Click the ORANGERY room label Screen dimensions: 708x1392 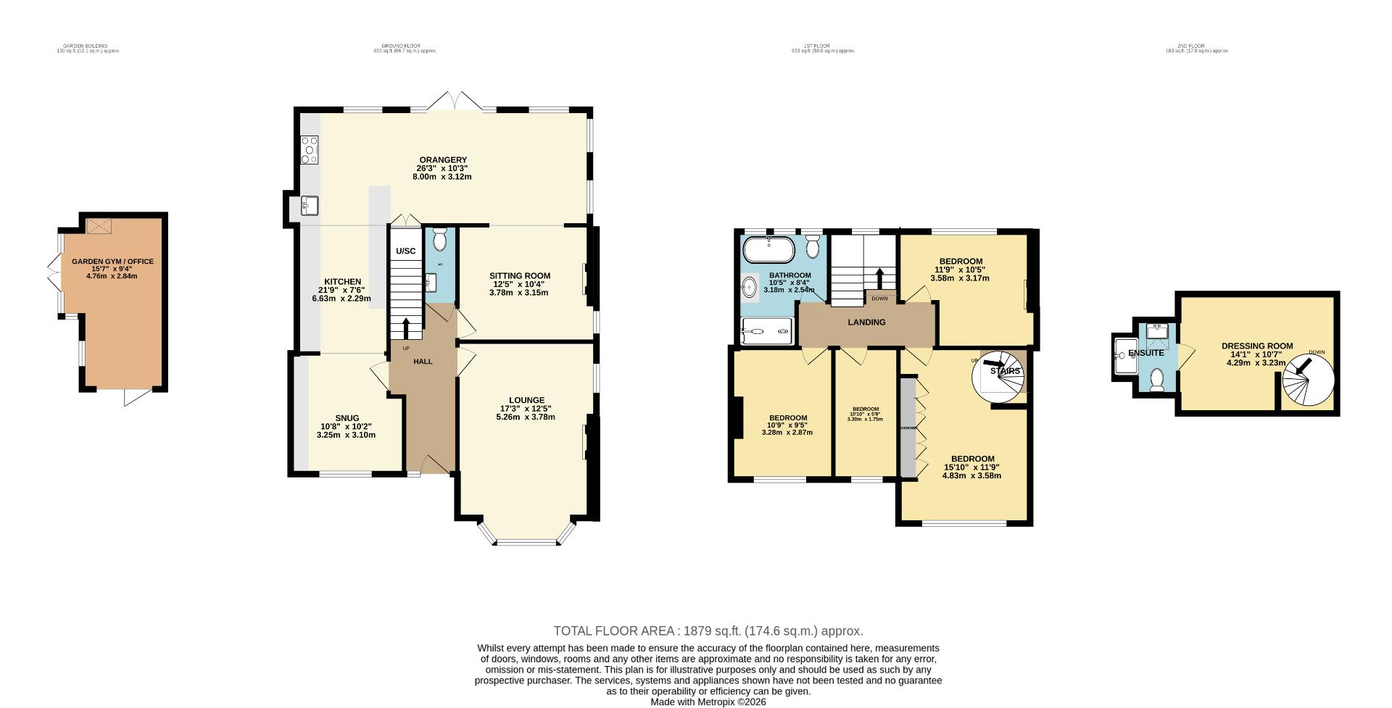442,160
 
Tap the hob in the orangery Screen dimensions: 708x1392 309,150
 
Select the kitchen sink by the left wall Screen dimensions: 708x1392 310,206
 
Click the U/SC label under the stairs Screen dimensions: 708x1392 405,251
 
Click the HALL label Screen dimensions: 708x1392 423,361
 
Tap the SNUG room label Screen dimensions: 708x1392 347,418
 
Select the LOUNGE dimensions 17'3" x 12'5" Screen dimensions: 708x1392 526,409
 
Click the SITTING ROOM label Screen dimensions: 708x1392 519,276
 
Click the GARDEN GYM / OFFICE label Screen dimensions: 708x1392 112,262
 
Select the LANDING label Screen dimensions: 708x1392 866,322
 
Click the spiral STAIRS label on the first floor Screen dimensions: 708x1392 1005,371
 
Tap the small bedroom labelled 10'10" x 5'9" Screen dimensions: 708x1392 866,414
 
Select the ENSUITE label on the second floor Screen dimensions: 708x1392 1145,353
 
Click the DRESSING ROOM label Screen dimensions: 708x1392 1256,346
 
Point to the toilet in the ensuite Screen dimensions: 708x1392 1156,379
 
